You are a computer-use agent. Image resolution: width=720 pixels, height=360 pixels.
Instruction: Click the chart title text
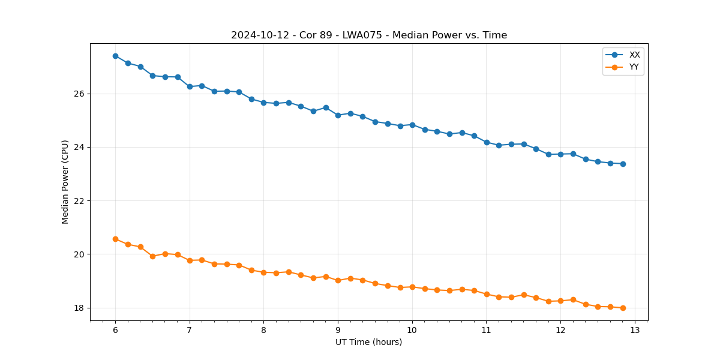point(369,35)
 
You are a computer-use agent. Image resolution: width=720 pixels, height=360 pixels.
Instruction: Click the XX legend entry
point(634,55)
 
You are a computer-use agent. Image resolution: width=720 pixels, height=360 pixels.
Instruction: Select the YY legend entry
point(634,67)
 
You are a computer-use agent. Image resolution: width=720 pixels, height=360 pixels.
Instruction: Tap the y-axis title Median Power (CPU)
point(65,182)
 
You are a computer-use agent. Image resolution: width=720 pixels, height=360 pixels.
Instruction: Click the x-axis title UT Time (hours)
point(368,342)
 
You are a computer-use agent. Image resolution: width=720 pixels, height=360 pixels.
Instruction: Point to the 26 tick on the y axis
point(80,94)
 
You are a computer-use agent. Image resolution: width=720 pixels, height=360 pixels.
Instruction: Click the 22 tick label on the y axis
point(80,201)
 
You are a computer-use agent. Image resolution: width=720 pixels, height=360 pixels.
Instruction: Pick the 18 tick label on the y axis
point(80,308)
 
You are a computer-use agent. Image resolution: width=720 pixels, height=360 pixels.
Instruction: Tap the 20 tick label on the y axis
point(80,254)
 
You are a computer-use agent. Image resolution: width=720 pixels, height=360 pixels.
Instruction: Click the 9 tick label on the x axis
point(338,330)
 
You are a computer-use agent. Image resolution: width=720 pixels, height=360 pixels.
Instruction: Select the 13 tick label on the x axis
point(635,330)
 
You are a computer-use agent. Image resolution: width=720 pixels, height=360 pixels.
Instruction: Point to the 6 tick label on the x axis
point(115,330)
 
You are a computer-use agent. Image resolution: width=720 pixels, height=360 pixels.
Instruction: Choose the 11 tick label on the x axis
point(487,330)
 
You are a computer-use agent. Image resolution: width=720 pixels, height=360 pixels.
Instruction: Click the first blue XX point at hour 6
point(115,56)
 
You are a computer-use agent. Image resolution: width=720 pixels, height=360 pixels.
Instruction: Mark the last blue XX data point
point(623,164)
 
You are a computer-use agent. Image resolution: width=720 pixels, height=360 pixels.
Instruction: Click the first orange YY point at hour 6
point(115,239)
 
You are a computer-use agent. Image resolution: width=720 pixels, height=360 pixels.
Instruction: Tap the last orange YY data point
point(623,308)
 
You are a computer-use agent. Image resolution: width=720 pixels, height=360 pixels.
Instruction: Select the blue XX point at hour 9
point(338,115)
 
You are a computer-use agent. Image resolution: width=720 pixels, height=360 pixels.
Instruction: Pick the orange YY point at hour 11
point(487,294)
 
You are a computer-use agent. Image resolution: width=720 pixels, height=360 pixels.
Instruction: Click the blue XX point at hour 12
point(560,154)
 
